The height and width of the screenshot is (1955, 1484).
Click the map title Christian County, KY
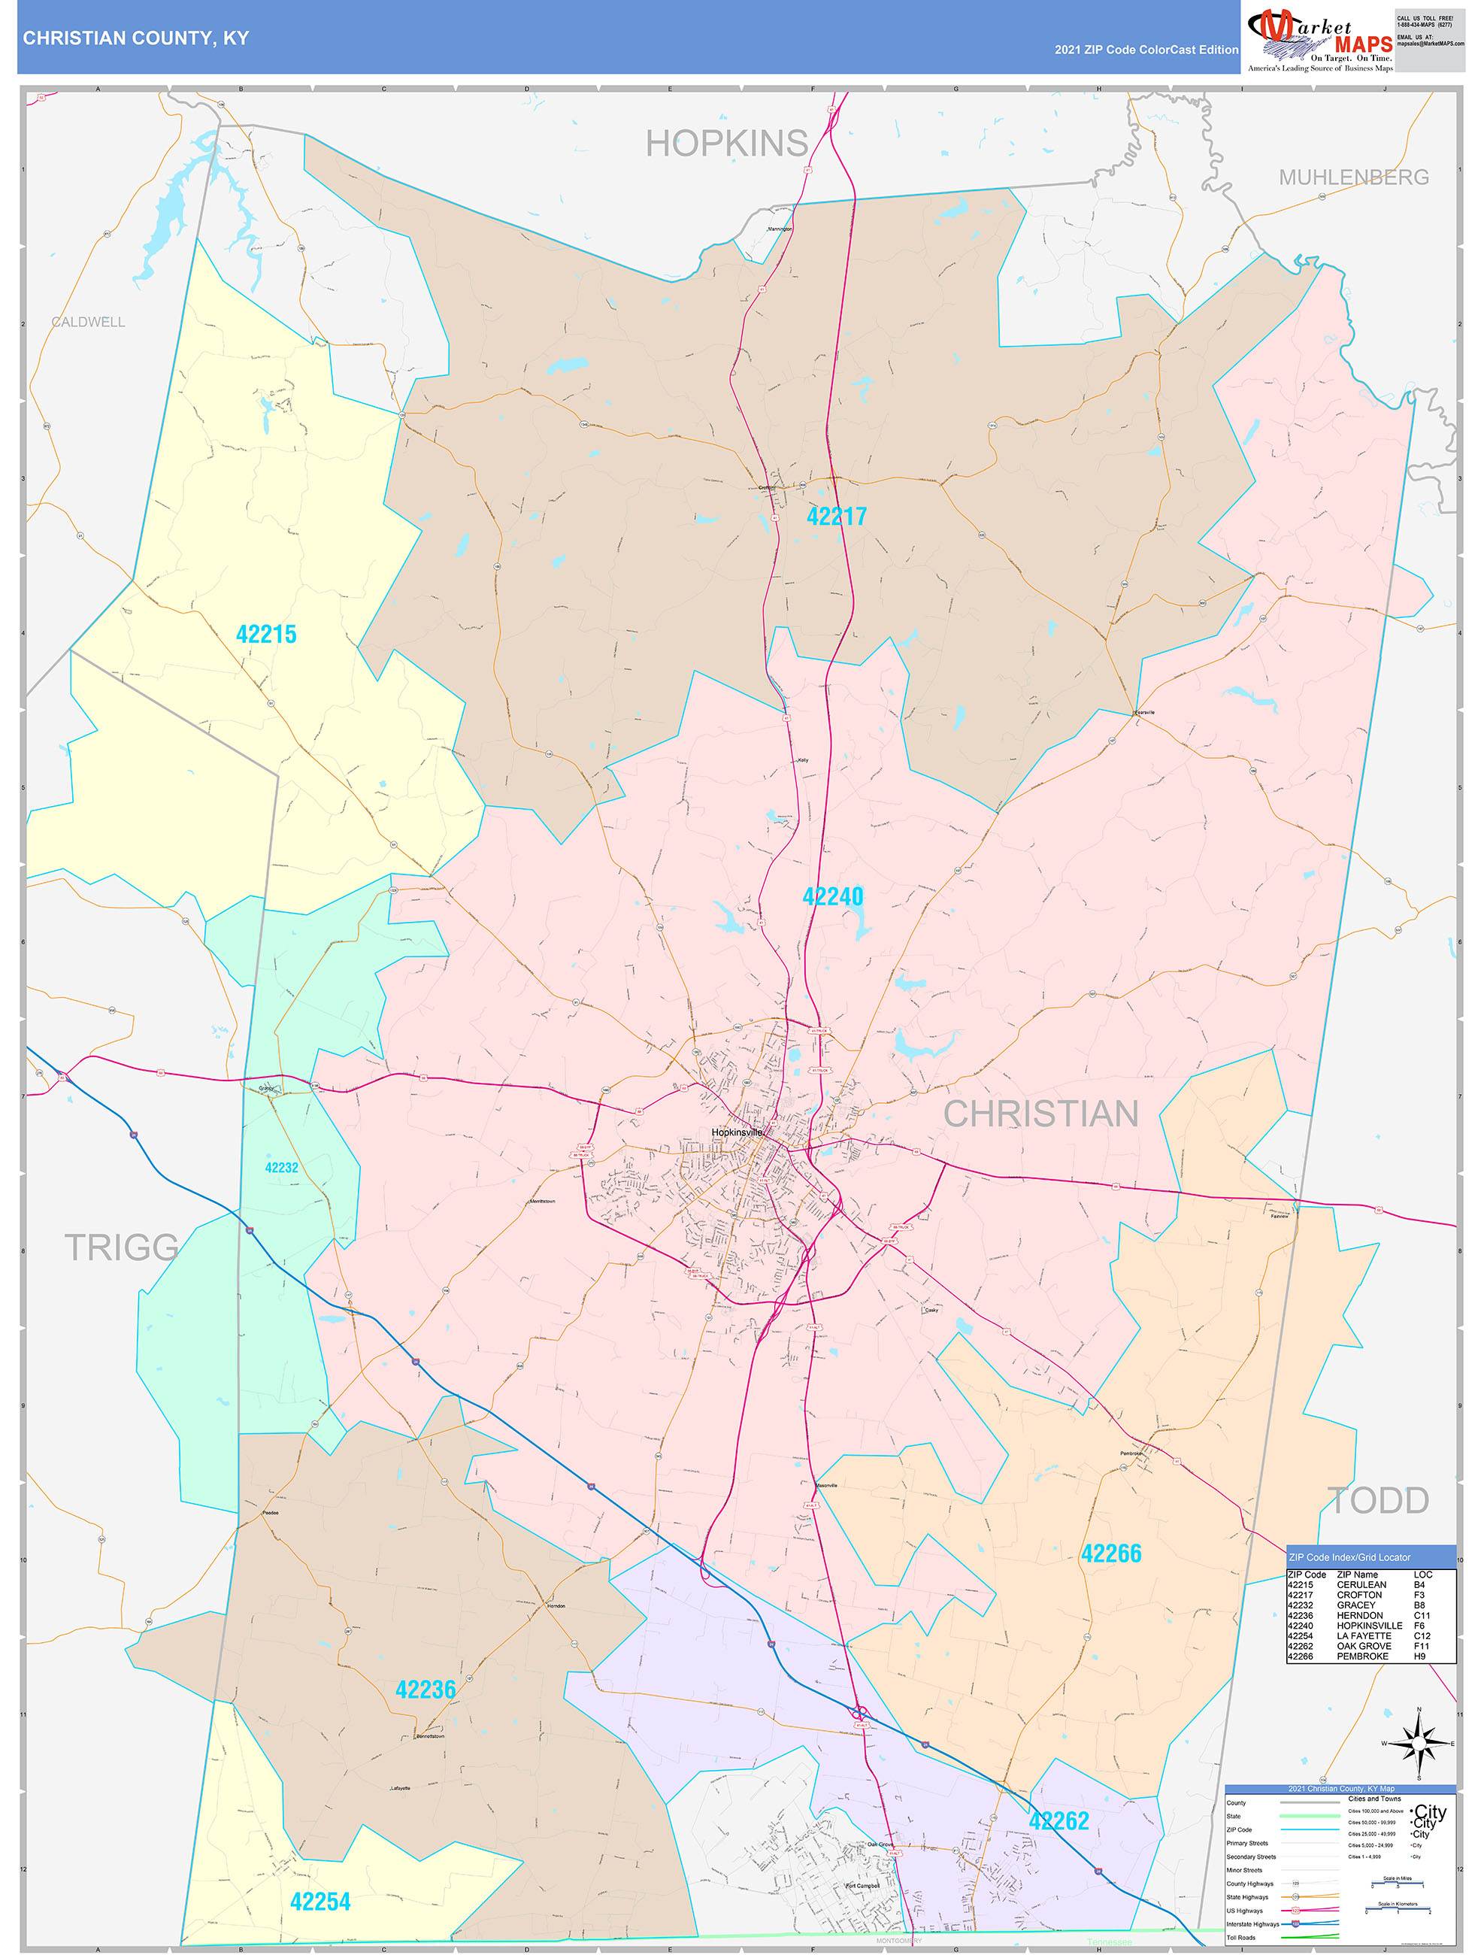pos(136,38)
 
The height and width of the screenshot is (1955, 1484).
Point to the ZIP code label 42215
pos(266,634)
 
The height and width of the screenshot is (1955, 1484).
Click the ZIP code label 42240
pos(833,896)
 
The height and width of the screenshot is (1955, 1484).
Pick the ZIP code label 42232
pos(281,1168)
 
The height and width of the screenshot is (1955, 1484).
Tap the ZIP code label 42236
pos(426,1689)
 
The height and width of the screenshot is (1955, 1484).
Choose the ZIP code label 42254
pos(320,1901)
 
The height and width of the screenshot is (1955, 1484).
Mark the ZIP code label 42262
pos(1058,1820)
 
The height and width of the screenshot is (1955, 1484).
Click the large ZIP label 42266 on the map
pos(1111,1553)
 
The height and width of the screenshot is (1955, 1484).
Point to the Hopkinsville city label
pos(736,1132)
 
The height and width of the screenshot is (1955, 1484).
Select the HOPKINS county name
pos(726,143)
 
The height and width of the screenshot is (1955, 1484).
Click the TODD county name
pos(1377,1500)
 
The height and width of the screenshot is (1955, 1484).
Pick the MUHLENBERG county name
pos(1353,177)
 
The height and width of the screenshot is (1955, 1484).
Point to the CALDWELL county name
pos(89,322)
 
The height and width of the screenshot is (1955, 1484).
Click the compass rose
pos(1419,1744)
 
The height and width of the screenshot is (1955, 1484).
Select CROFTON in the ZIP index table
pos(1359,1594)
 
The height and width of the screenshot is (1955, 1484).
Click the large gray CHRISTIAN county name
pos(1040,1114)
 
